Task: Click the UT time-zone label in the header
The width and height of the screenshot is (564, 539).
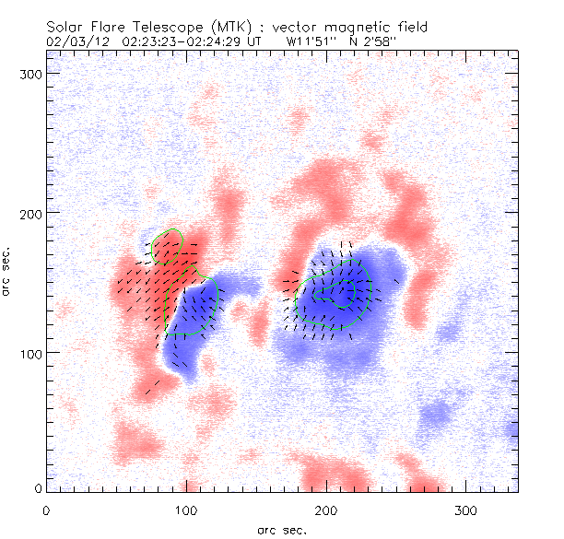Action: [x=255, y=41]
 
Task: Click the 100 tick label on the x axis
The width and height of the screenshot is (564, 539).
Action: [x=187, y=510]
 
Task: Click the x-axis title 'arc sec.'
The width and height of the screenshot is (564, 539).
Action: [x=282, y=529]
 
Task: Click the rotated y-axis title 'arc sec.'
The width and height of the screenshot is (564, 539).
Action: [x=9, y=273]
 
